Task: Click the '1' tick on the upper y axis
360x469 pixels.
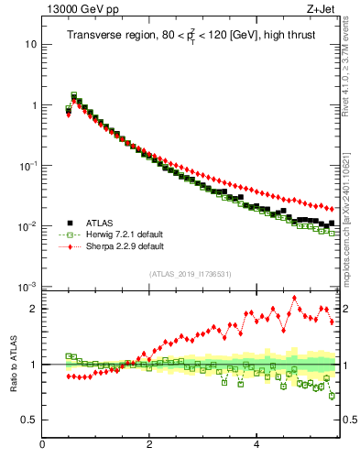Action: click(x=34, y=105)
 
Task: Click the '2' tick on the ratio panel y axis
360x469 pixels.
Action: click(x=34, y=309)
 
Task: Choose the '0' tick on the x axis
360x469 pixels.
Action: click(x=43, y=444)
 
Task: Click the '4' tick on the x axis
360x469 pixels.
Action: click(x=256, y=444)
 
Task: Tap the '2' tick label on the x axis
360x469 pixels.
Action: click(x=149, y=444)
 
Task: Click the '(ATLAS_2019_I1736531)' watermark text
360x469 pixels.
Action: click(x=190, y=274)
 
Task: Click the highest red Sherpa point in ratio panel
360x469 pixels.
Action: click(x=295, y=298)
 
